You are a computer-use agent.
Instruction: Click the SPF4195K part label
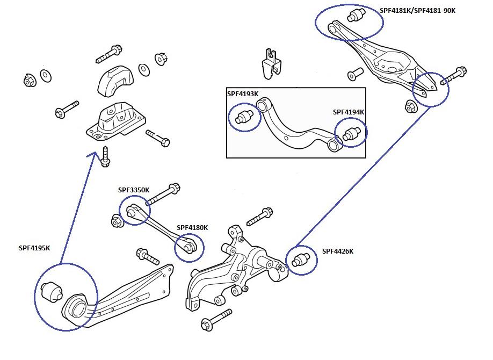click(34, 248)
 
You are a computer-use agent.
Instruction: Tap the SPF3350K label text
click(134, 190)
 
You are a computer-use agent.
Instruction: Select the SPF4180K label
click(192, 227)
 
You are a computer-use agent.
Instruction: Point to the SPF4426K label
click(338, 251)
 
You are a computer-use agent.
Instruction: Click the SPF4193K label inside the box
click(242, 93)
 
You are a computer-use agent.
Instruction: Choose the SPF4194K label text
click(349, 112)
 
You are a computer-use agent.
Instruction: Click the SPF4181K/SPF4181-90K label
click(417, 10)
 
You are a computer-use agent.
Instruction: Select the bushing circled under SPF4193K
click(244, 116)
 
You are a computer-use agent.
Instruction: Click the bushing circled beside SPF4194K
click(352, 132)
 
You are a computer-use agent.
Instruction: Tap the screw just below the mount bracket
click(105, 157)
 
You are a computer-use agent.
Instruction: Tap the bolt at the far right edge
click(454, 76)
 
